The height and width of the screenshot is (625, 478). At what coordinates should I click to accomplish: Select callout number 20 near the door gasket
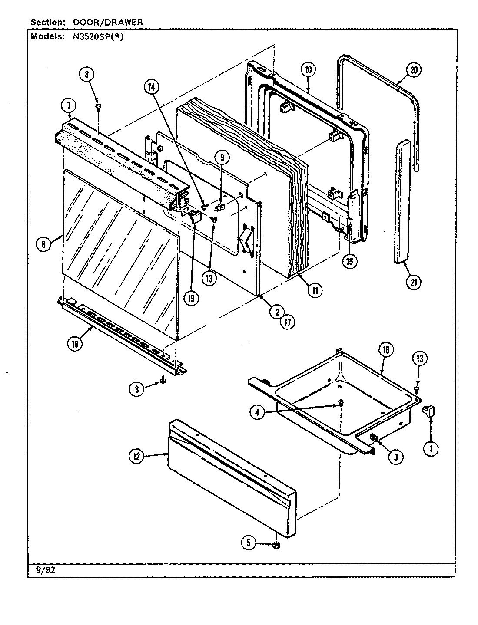413,70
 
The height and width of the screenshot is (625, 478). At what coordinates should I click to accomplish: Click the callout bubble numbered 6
43,245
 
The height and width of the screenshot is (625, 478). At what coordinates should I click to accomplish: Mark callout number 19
191,298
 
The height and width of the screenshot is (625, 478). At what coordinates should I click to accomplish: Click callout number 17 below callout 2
287,322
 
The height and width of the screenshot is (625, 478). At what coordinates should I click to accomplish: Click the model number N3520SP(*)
95,36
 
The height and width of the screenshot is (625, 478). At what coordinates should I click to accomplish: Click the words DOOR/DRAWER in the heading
114,22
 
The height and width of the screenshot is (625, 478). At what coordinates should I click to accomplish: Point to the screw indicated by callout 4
341,404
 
